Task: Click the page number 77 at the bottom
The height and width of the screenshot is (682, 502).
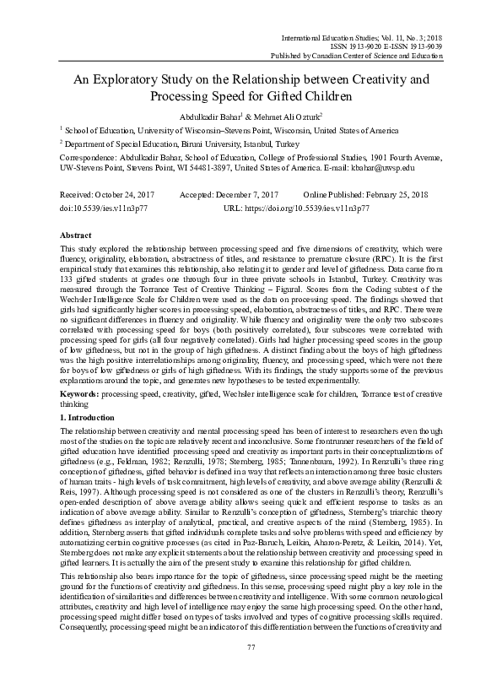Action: click(251, 670)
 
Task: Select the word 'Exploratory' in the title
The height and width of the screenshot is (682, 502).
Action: click(165, 81)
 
